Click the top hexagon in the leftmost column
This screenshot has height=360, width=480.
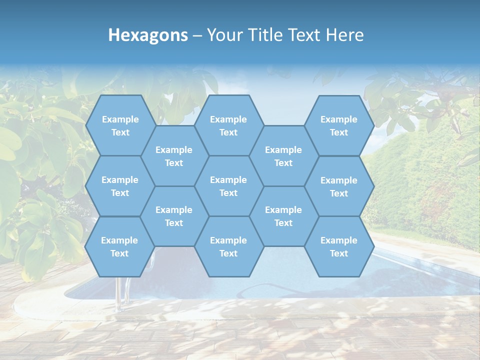[120, 125]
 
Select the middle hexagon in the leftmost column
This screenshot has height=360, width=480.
[120, 186]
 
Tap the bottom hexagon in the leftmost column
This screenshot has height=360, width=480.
[119, 246]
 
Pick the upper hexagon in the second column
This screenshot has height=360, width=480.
[174, 156]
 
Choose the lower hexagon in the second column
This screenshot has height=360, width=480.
[174, 216]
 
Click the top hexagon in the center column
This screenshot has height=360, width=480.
[228, 125]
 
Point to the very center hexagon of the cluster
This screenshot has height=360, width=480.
[228, 186]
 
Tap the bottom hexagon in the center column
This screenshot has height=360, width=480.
[228, 246]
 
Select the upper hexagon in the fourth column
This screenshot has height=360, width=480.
[283, 156]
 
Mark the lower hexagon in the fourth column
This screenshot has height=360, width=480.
[283, 216]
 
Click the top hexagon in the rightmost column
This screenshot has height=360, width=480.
[339, 125]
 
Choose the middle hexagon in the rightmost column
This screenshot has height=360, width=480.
[339, 186]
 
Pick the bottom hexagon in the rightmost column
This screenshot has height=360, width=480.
[339, 246]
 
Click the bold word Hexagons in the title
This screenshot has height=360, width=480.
[148, 35]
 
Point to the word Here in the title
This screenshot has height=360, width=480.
[344, 35]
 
